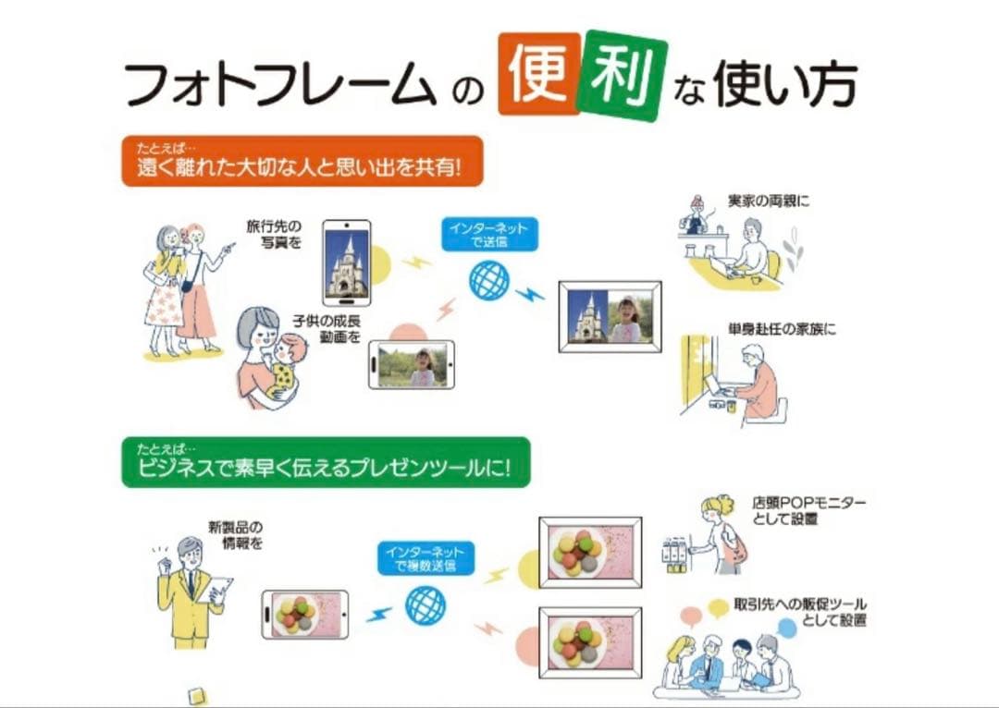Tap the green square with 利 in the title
point(621,75)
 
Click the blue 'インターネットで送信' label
point(489,234)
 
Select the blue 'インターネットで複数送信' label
point(425,558)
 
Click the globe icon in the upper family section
point(489,280)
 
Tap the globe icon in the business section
point(425,604)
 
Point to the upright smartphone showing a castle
point(347,262)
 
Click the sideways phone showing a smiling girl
point(412,365)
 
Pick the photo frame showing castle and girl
point(610,316)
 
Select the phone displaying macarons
point(305,615)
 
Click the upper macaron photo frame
point(590,553)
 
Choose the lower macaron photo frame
point(590,643)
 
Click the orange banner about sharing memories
point(302,161)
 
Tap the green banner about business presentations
point(326,462)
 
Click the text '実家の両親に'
point(769,201)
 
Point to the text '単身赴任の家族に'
point(782,329)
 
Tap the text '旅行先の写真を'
point(274,234)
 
